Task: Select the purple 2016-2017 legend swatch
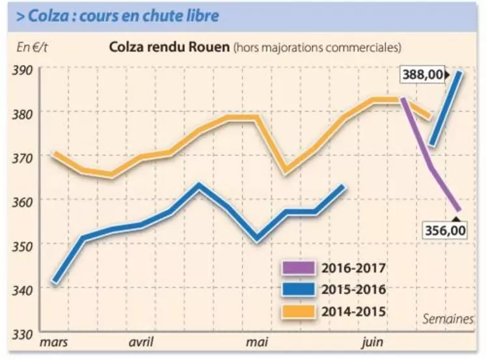click(298, 268)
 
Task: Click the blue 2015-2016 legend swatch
click(298, 290)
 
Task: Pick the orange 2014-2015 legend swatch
click(298, 311)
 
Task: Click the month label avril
click(141, 342)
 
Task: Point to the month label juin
click(371, 342)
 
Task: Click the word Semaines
click(448, 319)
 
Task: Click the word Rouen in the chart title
click(210, 48)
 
